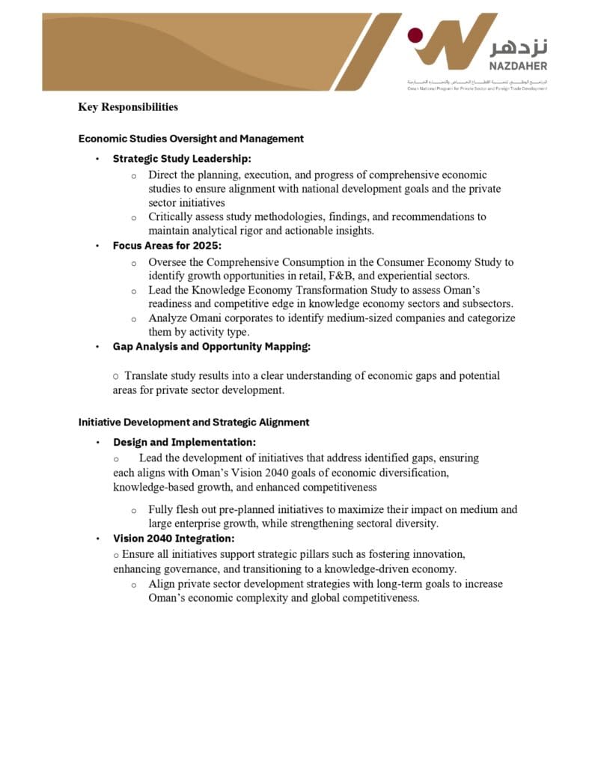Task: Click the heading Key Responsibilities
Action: tap(128, 107)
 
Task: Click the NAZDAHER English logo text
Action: tap(519, 67)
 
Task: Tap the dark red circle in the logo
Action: tap(415, 35)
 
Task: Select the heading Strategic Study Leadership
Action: tap(182, 159)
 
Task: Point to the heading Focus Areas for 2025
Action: tap(167, 246)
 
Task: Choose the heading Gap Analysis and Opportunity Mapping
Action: tap(211, 347)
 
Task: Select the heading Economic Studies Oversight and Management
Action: tap(191, 139)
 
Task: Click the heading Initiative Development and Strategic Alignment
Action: tap(194, 422)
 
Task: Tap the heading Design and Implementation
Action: tap(184, 443)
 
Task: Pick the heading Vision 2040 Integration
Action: tap(174, 539)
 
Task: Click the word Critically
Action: tap(171, 217)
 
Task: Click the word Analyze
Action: tap(168, 318)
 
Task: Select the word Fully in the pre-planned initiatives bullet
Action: tap(161, 510)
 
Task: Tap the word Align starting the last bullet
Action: tap(162, 584)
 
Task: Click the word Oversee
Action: tap(169, 263)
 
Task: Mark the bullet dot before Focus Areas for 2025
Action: tap(97, 246)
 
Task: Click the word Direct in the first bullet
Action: tap(164, 175)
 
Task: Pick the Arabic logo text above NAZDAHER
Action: tap(519, 47)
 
